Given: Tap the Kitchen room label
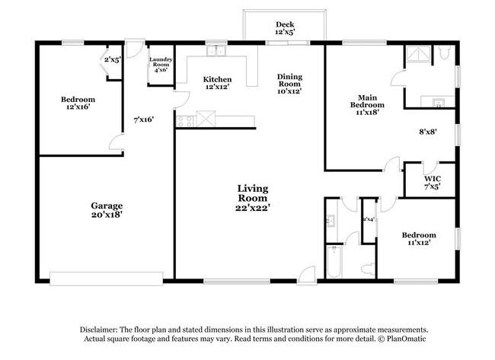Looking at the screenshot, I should point(217,83).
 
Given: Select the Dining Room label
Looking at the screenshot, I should point(289,83).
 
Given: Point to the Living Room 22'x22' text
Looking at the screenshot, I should point(254,196).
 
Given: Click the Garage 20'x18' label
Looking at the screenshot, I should point(107,210).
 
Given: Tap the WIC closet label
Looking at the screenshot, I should point(431,183).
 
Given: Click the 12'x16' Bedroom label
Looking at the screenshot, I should point(78,104).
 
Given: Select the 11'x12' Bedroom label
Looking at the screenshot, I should point(419,240).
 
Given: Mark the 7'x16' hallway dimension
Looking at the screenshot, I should point(144,119).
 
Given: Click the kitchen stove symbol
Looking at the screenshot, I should point(184,120).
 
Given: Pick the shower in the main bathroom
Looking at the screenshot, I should point(417,53).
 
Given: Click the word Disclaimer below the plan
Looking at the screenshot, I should point(104,327).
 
